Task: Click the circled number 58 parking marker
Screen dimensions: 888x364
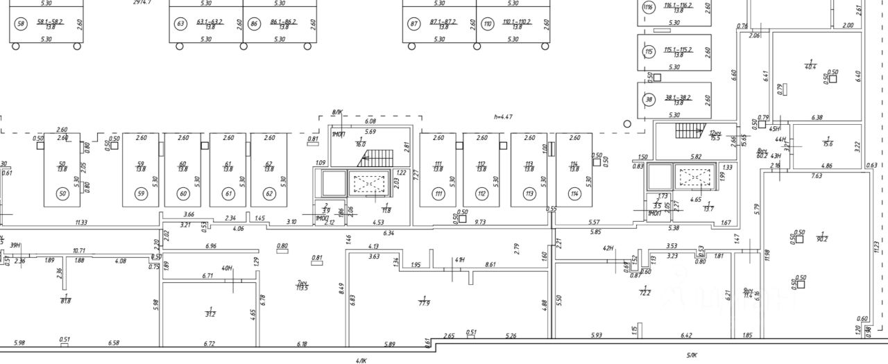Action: (20, 24)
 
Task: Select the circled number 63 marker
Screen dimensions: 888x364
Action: (181, 24)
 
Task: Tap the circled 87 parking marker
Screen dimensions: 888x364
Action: (415, 24)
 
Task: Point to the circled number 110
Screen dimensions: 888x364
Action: (488, 24)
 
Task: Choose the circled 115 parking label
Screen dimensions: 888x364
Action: (649, 52)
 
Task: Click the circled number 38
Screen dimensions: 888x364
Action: (649, 99)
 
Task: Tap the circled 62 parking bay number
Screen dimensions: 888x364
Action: (268, 193)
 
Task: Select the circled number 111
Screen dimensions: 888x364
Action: (438, 193)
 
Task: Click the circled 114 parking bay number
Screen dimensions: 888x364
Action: (574, 193)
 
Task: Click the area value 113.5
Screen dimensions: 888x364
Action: (302, 288)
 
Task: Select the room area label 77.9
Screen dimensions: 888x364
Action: (425, 302)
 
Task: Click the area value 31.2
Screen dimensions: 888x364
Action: (210, 314)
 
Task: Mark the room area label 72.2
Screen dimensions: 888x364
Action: (644, 293)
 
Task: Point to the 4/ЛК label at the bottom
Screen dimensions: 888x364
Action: (361, 360)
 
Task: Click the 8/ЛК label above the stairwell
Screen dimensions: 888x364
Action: (337, 112)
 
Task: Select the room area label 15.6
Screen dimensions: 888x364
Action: (828, 144)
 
